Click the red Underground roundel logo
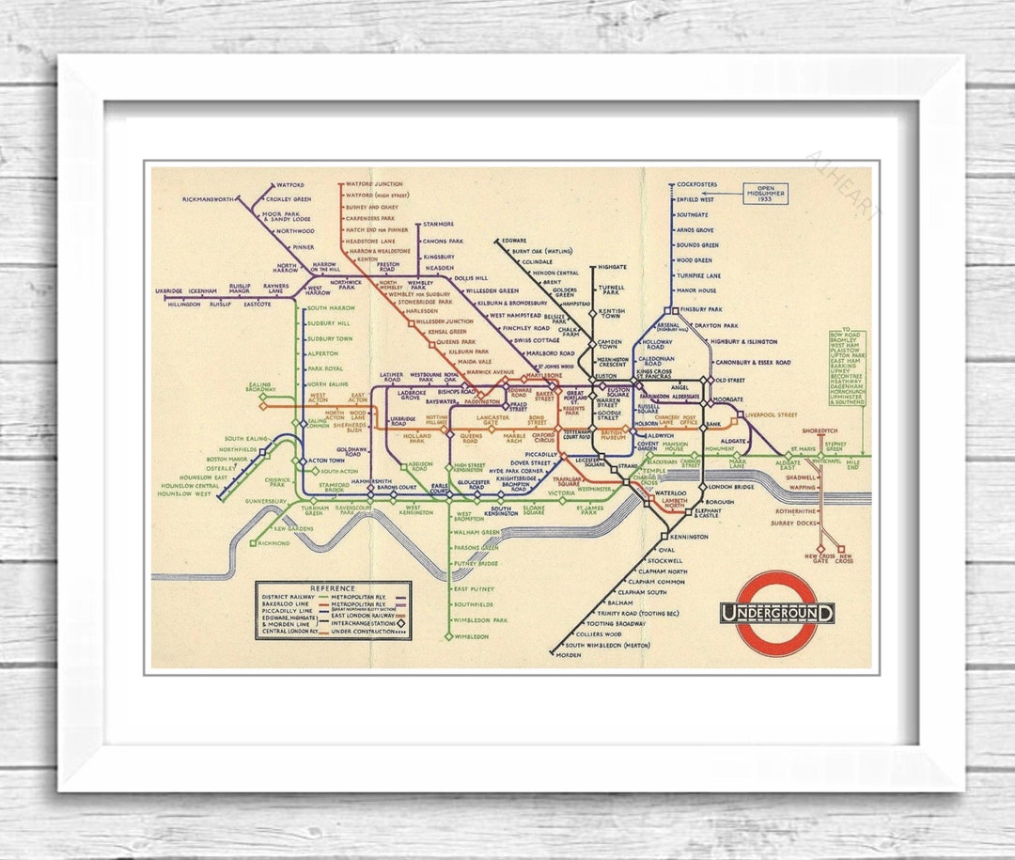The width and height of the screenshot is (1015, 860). pos(776,613)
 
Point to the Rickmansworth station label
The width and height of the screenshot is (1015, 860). pos(209,199)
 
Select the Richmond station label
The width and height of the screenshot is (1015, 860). pos(273,543)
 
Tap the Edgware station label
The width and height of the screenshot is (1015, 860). pos(515,241)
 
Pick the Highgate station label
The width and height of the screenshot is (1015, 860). pos(612,267)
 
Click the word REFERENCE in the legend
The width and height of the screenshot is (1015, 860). pos(333,587)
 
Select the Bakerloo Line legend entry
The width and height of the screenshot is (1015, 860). pos(286,604)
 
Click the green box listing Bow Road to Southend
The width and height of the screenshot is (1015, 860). pos(847,368)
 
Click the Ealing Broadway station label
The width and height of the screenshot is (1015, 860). pos(260,387)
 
